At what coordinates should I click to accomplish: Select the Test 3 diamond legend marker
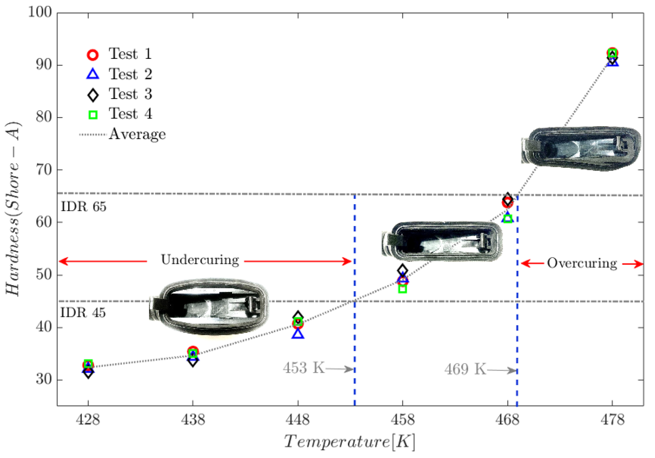tap(93, 95)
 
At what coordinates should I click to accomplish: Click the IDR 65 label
tap(84, 207)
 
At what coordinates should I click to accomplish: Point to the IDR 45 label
tap(83, 313)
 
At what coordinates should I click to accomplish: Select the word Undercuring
tap(200, 260)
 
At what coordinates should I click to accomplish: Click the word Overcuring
tap(582, 263)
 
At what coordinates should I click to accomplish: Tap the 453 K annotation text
tap(304, 368)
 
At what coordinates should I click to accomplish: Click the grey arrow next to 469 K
tap(502, 371)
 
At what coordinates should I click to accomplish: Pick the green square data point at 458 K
tap(402, 289)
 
